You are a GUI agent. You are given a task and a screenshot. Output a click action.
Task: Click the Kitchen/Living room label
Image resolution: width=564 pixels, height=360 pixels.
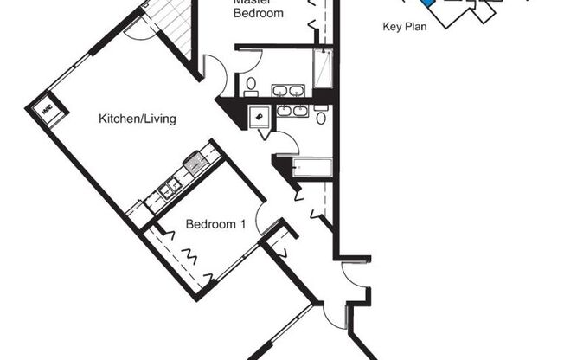pyautogui.click(x=138, y=119)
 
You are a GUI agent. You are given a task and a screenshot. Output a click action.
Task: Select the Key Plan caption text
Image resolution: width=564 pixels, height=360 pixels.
pyautogui.click(x=405, y=27)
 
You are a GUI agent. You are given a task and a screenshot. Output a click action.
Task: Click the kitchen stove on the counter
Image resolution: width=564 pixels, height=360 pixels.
pyautogui.click(x=195, y=162)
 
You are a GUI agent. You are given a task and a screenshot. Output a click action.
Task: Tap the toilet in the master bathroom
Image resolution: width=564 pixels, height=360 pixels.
pyautogui.click(x=249, y=85)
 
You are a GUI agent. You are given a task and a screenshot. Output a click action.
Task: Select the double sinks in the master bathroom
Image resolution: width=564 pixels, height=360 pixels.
pyautogui.click(x=287, y=89)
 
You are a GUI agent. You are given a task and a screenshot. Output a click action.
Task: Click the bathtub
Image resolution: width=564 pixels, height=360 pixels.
pyautogui.click(x=312, y=166)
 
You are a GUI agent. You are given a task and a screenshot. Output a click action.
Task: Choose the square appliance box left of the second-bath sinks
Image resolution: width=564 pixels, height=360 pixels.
pyautogui.click(x=260, y=118)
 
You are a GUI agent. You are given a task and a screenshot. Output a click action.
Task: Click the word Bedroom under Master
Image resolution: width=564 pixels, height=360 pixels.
pyautogui.click(x=258, y=13)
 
